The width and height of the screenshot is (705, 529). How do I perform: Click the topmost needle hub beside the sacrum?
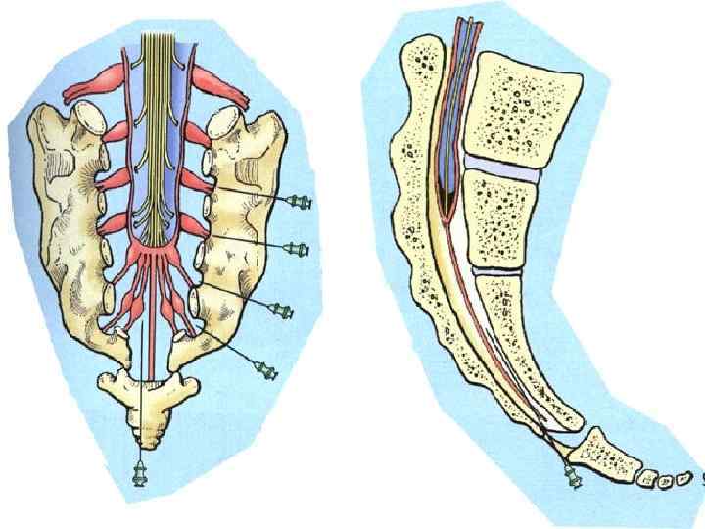(303, 201)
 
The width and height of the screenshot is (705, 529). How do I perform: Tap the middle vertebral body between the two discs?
(500, 220)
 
